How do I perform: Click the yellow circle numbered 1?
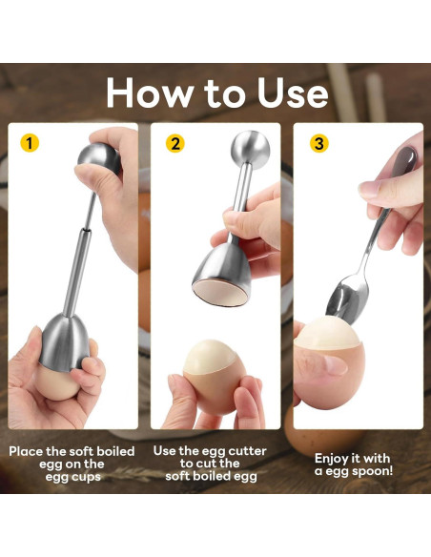[31, 143]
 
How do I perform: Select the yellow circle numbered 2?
[174, 143]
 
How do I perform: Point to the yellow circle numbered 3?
[318, 143]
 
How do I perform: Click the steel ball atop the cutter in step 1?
[98, 160]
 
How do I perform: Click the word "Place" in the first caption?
[30, 451]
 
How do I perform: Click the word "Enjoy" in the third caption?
[335, 458]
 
